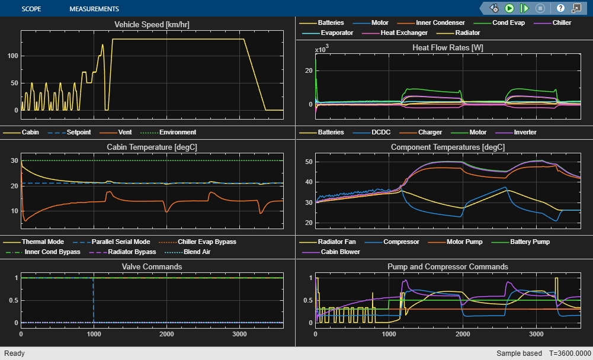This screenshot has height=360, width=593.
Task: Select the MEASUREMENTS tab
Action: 94,9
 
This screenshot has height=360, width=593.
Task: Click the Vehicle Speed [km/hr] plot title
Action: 152,24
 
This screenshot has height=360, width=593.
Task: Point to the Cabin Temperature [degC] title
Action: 152,147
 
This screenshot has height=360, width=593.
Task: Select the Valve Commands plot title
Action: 152,266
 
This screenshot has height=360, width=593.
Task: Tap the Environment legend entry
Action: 177,132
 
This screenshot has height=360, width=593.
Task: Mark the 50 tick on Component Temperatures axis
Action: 309,162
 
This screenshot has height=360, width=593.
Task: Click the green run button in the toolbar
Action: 509,8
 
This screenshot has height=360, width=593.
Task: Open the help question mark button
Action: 560,8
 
